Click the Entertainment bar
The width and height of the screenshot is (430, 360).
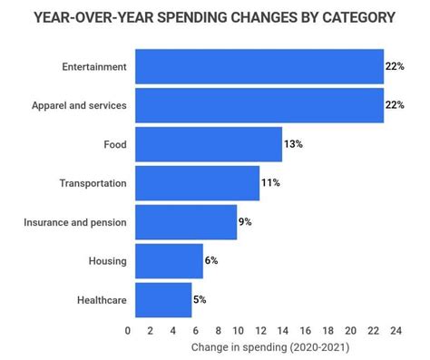point(259,67)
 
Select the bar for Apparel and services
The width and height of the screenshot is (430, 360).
point(259,105)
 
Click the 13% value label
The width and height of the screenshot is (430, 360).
point(293,144)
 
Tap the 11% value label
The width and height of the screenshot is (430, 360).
point(270,183)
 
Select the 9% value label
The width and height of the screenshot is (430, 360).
point(246,222)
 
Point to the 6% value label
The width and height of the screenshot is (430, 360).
point(212,261)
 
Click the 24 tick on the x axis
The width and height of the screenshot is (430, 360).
point(396,331)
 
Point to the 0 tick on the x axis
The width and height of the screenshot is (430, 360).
point(128,331)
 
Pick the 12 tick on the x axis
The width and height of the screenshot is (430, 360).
point(261,331)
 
